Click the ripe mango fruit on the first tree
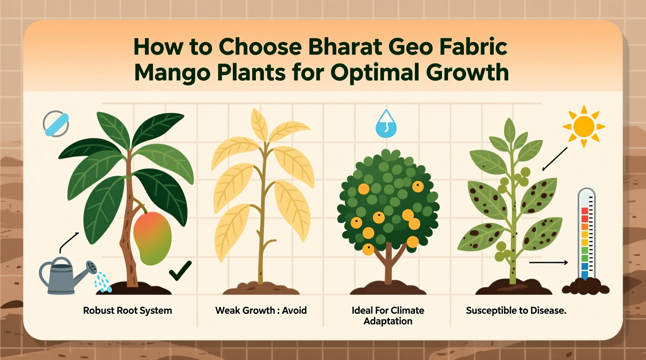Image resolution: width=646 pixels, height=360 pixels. [152, 238]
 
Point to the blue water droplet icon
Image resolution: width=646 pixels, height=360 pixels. [386, 125]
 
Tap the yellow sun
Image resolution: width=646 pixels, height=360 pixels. [583, 126]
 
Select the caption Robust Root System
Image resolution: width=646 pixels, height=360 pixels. [127, 310]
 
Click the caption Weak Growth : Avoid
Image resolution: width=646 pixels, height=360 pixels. [261, 310]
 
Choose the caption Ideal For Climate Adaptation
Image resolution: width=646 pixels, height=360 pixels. [388, 315]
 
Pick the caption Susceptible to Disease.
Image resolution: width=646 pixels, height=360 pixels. [516, 310]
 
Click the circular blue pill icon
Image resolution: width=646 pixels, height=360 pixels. [56, 124]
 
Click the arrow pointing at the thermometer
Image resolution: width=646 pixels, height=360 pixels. [548, 263]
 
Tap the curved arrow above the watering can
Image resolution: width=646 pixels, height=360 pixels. [69, 242]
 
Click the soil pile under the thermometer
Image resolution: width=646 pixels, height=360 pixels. [585, 287]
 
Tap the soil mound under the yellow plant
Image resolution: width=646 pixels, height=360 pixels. [261, 289]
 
